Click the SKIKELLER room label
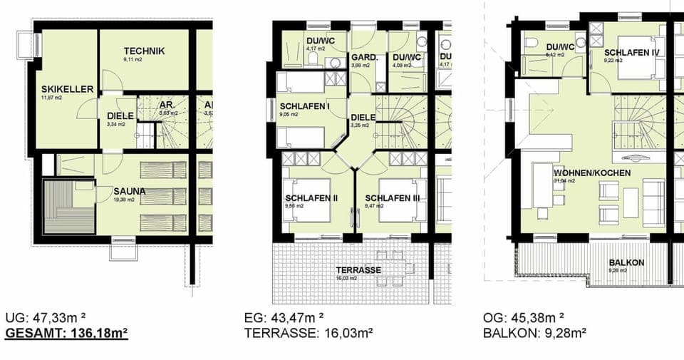[x=68, y=89]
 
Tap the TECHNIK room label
[x=144, y=51]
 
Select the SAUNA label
[x=129, y=191]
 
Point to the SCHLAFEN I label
[x=305, y=106]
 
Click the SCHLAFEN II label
[x=311, y=198]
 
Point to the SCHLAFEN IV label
[x=631, y=53]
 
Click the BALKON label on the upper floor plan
[x=627, y=262]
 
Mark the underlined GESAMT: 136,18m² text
[x=66, y=332]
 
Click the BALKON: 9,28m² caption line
[x=534, y=332]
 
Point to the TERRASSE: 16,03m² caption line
[x=308, y=332]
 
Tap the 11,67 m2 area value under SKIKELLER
[x=52, y=98]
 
